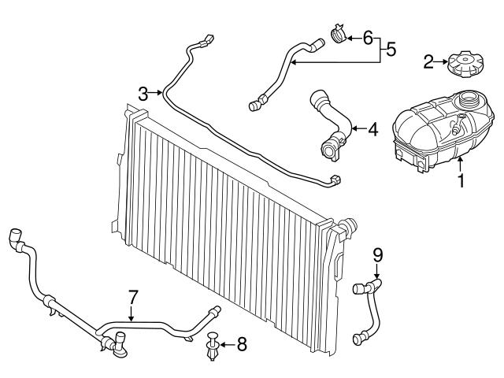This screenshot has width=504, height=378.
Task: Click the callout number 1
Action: pos(461,181)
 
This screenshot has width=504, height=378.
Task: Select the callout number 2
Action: pos(428,62)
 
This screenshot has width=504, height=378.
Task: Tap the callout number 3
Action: pos(143,94)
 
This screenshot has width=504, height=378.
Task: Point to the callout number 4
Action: pos(372,128)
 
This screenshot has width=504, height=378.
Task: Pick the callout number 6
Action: pos(366,37)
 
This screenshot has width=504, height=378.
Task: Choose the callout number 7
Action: pos(133,298)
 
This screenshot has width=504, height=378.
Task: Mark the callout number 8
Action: pos(241,343)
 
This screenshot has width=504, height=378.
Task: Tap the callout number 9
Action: pos(377,254)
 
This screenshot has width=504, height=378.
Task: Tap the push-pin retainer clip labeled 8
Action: pos(213,347)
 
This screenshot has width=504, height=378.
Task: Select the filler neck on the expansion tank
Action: pos(470,101)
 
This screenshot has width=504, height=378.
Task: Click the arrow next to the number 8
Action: pos(227,344)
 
